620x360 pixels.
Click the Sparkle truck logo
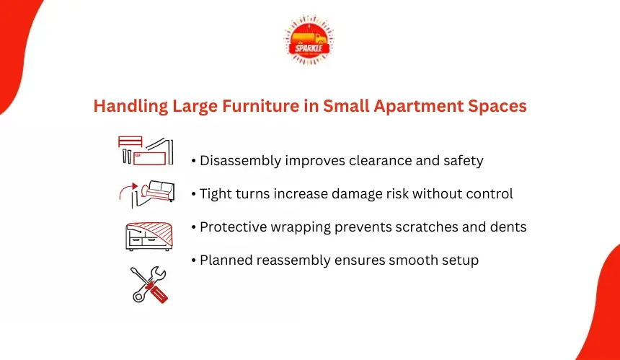pos(309,40)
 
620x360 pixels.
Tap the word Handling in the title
pos(130,107)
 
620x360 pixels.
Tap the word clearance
pos(380,161)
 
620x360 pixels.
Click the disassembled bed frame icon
pos(146,151)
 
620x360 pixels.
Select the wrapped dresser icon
pos(149,236)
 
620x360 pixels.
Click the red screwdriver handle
pos(158,293)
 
